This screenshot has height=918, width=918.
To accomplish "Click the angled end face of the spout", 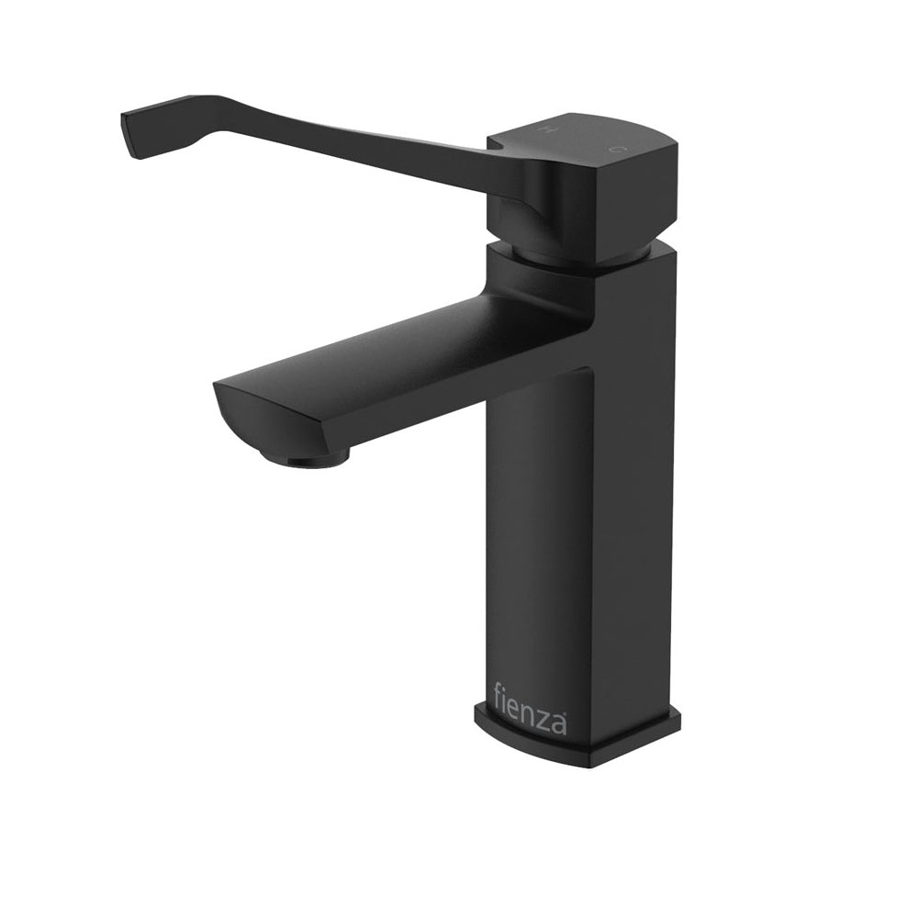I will point(257,424).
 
